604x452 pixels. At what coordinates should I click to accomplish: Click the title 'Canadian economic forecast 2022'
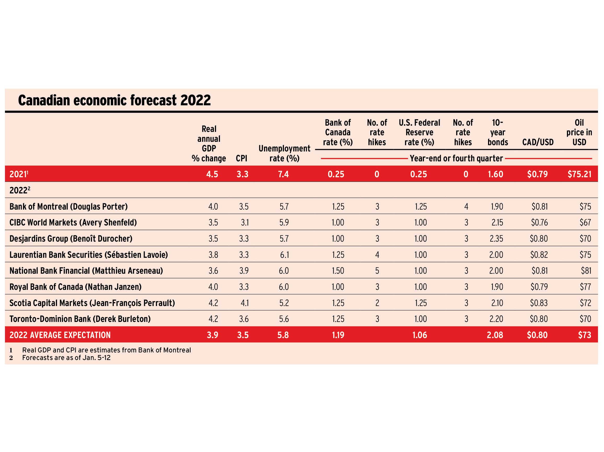pyautogui.click(x=114, y=100)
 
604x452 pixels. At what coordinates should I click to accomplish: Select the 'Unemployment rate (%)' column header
pyautogui.click(x=284, y=153)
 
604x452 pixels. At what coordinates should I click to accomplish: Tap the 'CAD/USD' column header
pyautogui.click(x=538, y=142)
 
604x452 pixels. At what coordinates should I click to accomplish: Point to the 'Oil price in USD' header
pyautogui.click(x=579, y=132)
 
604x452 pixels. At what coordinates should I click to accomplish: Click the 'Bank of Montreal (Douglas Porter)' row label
pyautogui.click(x=68, y=206)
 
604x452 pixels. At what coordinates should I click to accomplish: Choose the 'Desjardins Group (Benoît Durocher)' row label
pyautogui.click(x=71, y=239)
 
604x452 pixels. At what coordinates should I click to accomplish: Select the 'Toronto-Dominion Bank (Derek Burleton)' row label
pyautogui.click(x=80, y=319)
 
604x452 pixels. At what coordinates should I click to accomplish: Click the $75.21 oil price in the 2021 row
pyautogui.click(x=579, y=174)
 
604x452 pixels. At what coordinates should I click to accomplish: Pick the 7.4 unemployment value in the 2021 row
pyautogui.click(x=283, y=174)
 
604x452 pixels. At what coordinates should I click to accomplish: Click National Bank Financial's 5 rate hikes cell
pyautogui.click(x=377, y=271)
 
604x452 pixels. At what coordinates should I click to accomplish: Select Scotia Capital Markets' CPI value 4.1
pyautogui.click(x=245, y=303)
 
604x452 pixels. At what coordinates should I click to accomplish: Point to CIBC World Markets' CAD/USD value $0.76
pyautogui.click(x=539, y=222)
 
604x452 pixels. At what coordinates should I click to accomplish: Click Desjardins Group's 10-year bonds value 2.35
pyautogui.click(x=496, y=239)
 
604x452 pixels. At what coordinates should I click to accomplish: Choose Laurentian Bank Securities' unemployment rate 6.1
pyautogui.click(x=284, y=255)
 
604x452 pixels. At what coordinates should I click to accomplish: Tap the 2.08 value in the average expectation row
pyautogui.click(x=495, y=335)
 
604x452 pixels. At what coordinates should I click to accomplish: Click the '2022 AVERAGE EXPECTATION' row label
pyautogui.click(x=60, y=335)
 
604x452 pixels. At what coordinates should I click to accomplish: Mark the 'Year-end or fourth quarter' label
pyautogui.click(x=456, y=158)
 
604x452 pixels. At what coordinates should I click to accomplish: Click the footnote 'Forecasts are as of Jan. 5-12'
pyautogui.click(x=66, y=358)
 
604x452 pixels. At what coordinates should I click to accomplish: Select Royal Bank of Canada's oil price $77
pyautogui.click(x=585, y=287)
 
